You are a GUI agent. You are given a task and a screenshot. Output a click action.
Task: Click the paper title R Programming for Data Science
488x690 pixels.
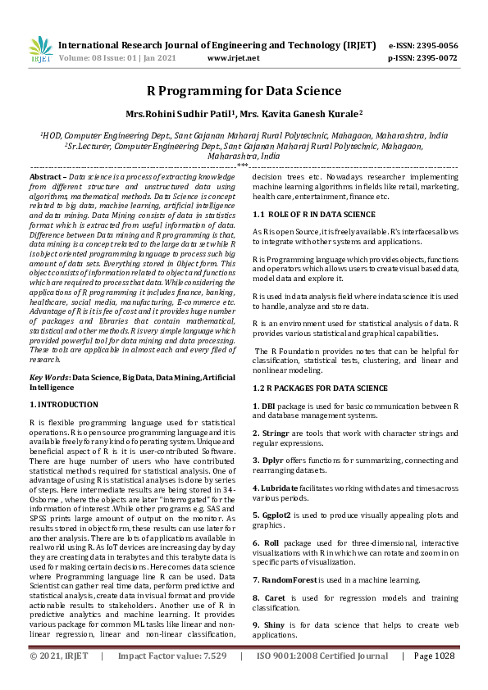(244, 91)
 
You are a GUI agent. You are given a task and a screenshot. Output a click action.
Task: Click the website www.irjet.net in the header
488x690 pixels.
(233, 58)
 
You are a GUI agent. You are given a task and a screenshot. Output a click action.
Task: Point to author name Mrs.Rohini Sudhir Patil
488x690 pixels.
(169, 115)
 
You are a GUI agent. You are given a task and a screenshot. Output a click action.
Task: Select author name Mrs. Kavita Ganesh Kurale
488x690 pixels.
(303, 115)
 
